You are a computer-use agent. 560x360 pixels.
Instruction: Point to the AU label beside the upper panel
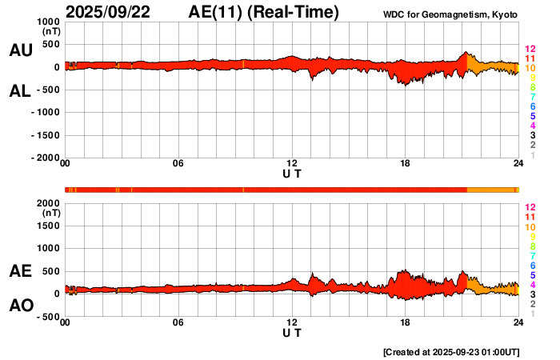click(20, 50)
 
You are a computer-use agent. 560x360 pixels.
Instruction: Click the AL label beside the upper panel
click(20, 91)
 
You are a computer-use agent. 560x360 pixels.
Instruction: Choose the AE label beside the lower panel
click(20, 271)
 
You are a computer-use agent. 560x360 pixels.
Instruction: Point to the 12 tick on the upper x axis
click(292, 164)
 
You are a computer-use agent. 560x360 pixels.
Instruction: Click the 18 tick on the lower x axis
click(406, 323)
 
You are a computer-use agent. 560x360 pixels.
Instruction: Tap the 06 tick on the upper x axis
click(178, 164)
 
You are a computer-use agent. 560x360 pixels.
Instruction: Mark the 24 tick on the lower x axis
click(518, 323)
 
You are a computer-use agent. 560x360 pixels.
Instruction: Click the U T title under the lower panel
click(292, 333)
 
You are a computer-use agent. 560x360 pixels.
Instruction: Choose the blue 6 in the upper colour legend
click(531, 106)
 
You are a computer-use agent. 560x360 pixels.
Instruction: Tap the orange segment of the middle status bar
click(492, 189)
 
